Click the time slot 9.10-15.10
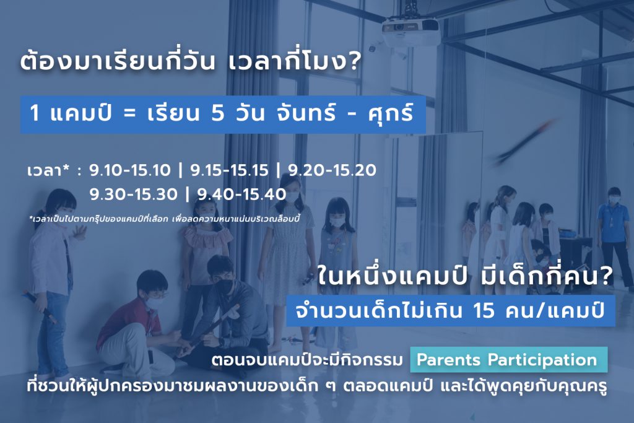pos(130,170)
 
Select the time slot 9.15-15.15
pos(229,170)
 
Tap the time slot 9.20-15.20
pos(332,170)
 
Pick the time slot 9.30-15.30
pos(134,194)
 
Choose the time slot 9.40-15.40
pos(241,194)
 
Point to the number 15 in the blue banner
pos(484,310)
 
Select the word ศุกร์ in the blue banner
pos(391,112)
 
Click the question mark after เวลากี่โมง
pos(354,62)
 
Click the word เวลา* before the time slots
pos(45,170)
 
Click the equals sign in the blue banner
pos(129,113)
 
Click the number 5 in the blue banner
pos(217,113)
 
